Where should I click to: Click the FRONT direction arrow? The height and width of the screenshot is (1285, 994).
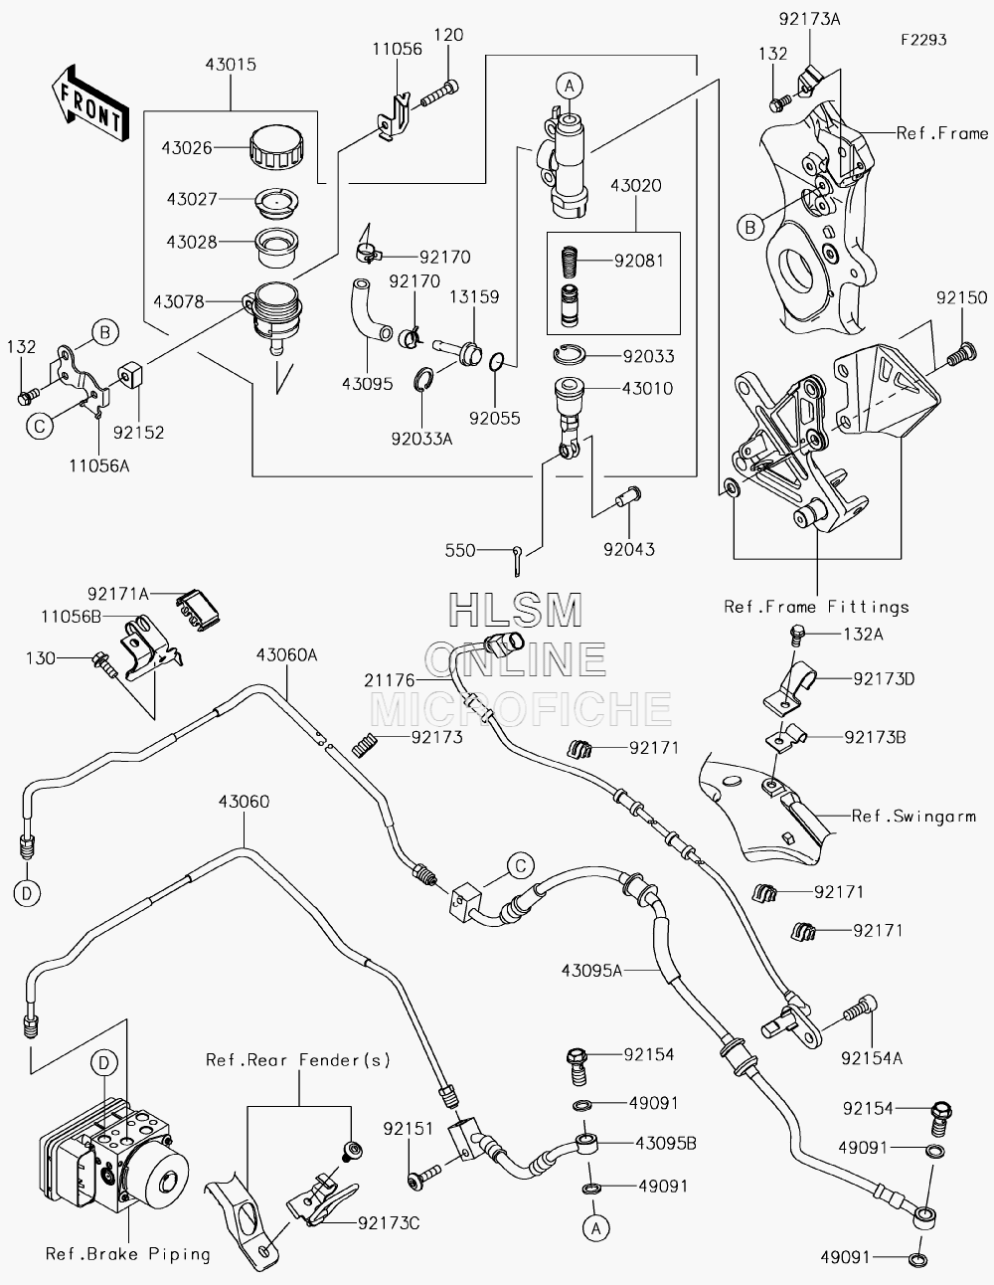pos(90,102)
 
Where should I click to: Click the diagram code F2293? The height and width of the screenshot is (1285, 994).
pos(923,40)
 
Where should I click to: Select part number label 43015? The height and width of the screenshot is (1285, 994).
pos(231,65)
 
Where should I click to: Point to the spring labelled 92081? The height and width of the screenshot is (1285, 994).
pos(569,261)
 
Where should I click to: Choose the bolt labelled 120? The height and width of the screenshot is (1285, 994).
pos(439,94)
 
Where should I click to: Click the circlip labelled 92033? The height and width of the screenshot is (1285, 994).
pos(570,354)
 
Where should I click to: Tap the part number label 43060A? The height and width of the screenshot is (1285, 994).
pos(286,654)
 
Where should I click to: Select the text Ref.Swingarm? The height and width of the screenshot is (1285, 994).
pos(913,817)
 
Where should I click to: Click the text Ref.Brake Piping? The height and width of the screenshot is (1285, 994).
pos(128,1253)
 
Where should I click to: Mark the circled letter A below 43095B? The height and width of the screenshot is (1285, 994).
pos(595,1228)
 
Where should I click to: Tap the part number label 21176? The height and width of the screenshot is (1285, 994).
pos(390,680)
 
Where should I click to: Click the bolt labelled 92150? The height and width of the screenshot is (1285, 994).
pos(962,355)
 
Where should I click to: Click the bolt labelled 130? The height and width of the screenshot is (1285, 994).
pos(106,665)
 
